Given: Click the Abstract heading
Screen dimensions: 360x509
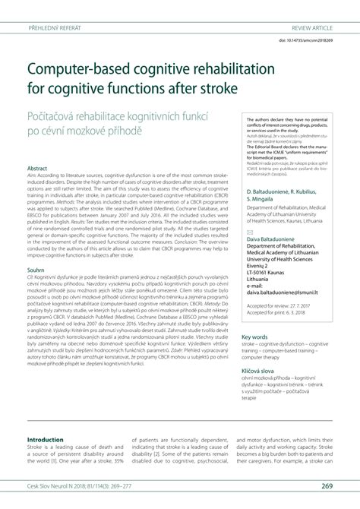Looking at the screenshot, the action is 38,168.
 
